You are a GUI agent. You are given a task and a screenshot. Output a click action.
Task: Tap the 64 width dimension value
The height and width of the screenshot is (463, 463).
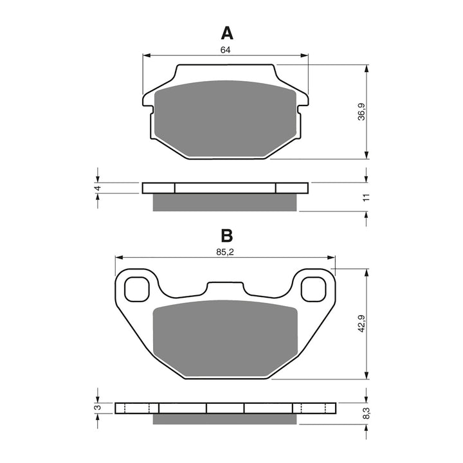pyautogui.click(x=225, y=50)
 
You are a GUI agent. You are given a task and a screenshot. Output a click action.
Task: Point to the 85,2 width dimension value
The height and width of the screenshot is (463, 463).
pyautogui.click(x=224, y=252)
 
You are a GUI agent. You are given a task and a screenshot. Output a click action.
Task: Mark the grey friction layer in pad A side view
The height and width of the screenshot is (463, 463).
pyautogui.click(x=225, y=202)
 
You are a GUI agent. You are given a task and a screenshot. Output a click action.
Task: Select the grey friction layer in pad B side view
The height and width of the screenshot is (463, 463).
pyautogui.click(x=225, y=419)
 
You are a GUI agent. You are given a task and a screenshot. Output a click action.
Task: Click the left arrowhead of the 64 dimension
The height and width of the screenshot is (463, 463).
pyautogui.click(x=146, y=55)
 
